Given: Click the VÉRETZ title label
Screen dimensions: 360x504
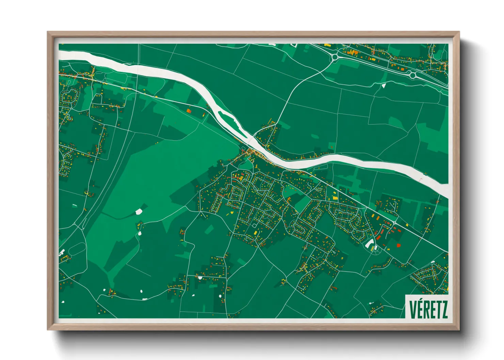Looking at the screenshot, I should [x=428, y=309].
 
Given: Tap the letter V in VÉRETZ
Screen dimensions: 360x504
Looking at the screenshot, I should [x=412, y=309].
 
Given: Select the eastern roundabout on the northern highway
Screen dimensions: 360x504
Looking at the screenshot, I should [x=413, y=75].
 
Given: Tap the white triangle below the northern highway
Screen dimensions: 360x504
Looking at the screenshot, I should [x=383, y=85].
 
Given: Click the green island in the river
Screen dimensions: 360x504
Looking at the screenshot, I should [x=226, y=116].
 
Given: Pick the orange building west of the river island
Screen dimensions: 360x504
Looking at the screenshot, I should [x=189, y=111].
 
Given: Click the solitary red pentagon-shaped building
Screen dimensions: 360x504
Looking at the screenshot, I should [x=398, y=245].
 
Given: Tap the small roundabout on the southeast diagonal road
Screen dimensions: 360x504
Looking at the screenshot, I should [x=394, y=223].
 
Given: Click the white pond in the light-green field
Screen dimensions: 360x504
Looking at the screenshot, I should [x=139, y=212].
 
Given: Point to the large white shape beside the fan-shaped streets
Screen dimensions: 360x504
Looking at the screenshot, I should [x=369, y=243].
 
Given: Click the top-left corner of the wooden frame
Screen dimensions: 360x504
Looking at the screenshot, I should [x=48, y=33].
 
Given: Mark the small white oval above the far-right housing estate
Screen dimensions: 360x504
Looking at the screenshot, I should [x=433, y=262].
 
